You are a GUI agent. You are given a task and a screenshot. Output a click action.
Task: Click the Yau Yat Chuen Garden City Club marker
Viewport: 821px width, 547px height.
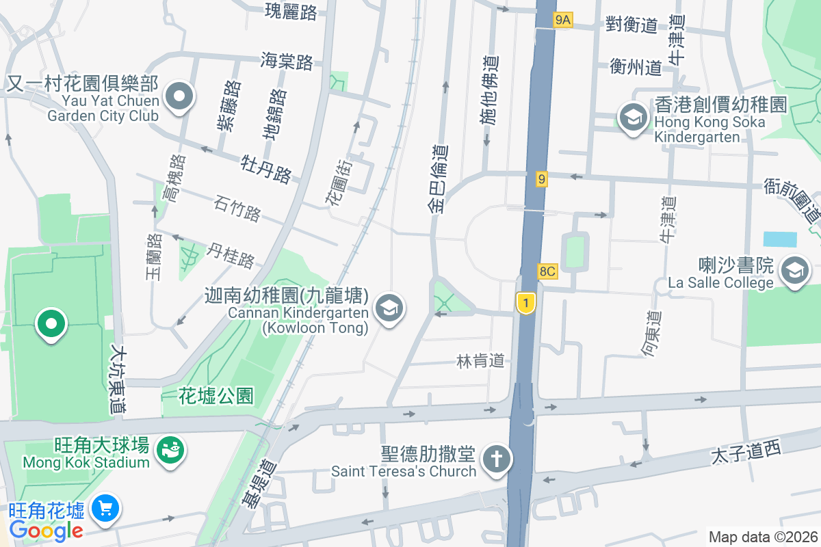tap(179, 97)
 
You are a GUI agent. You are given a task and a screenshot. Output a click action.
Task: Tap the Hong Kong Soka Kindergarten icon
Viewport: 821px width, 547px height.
tap(634, 117)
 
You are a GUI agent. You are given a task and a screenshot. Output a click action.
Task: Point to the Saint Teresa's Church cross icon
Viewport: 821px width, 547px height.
tap(496, 459)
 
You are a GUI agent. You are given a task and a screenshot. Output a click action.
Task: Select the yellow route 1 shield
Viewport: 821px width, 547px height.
tap(525, 303)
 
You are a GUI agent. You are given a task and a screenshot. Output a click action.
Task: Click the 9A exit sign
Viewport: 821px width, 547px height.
tap(562, 21)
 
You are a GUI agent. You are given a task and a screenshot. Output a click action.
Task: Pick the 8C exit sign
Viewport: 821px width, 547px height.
tap(547, 271)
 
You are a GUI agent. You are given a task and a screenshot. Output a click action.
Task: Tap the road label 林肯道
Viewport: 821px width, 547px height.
tap(480, 360)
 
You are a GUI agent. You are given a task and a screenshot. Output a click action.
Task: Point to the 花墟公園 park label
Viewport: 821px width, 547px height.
tap(216, 395)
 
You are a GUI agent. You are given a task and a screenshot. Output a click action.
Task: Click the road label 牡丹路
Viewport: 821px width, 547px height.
tap(266, 168)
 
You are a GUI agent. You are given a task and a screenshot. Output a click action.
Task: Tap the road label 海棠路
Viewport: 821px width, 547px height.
tap(287, 62)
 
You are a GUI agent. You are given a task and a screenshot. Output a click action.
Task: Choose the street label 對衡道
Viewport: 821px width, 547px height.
tap(631, 25)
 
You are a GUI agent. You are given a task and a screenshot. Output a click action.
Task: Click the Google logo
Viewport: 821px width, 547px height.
tap(47, 530)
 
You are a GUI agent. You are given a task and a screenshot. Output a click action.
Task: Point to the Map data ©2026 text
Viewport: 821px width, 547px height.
tap(762, 537)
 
